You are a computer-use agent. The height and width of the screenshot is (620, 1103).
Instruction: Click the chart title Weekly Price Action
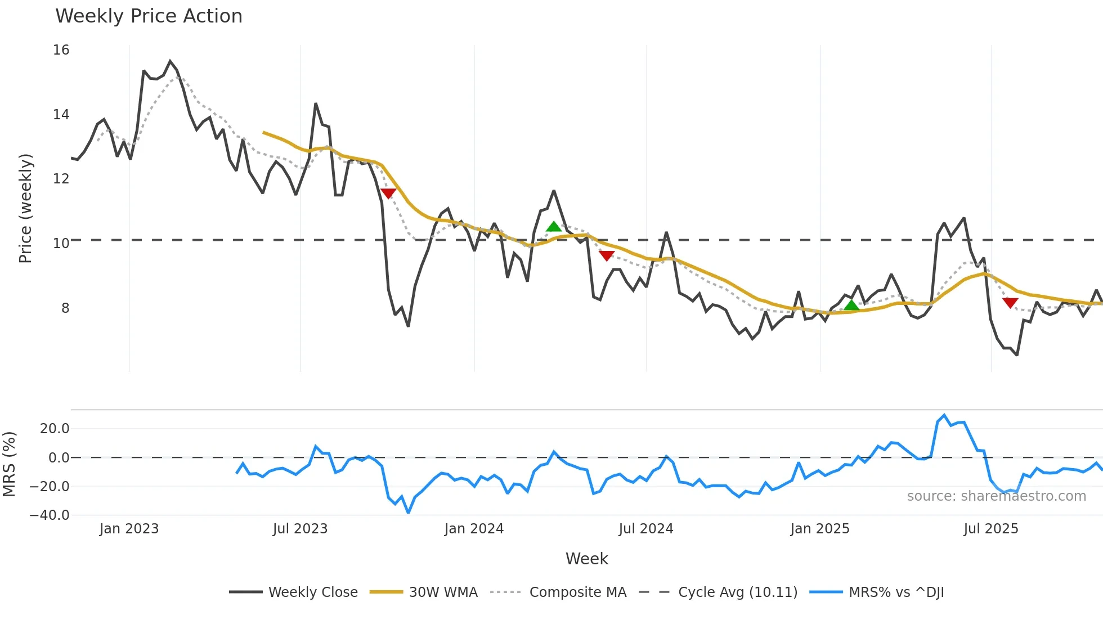[x=149, y=16]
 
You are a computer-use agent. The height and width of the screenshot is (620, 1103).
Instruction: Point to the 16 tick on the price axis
[x=61, y=50]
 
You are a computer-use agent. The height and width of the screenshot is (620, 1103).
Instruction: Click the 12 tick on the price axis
[x=61, y=179]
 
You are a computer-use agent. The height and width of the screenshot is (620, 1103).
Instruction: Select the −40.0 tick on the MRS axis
[x=50, y=515]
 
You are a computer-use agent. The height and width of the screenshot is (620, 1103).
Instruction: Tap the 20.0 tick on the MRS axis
[x=55, y=429]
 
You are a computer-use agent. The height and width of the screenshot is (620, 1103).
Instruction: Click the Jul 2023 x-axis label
[x=300, y=529]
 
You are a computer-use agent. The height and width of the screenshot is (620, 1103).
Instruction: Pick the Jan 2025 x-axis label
[x=819, y=529]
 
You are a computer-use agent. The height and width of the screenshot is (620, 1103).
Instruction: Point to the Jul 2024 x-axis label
[x=645, y=529]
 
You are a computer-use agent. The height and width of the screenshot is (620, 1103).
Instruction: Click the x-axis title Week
[x=586, y=559]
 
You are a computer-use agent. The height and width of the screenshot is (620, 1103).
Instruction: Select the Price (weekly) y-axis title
[x=25, y=208]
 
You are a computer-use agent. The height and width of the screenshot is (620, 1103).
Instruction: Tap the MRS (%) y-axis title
[x=9, y=464]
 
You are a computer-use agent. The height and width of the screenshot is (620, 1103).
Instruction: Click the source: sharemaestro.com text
[x=996, y=496]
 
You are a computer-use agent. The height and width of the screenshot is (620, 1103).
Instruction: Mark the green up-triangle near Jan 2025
[x=851, y=305]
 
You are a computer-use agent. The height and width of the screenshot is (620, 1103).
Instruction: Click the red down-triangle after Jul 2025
[x=1010, y=303]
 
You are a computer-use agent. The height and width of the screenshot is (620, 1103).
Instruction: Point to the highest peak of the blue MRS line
[x=944, y=415]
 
